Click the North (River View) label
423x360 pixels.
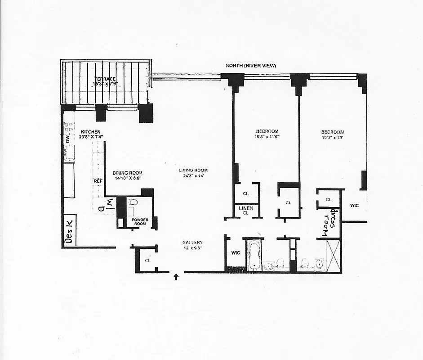(x=251, y=66)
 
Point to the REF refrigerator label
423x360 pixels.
(x=98, y=181)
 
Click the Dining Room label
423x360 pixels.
(x=128, y=173)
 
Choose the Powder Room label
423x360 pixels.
(x=140, y=222)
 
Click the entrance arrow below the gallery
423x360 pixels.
(x=176, y=277)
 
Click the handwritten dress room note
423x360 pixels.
(x=329, y=223)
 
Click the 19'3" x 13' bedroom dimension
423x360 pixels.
(x=332, y=137)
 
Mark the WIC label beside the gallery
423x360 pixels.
(x=235, y=253)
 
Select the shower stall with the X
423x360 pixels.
(x=333, y=256)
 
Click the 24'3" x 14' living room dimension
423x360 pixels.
(x=194, y=175)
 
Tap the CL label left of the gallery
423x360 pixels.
(x=147, y=260)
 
